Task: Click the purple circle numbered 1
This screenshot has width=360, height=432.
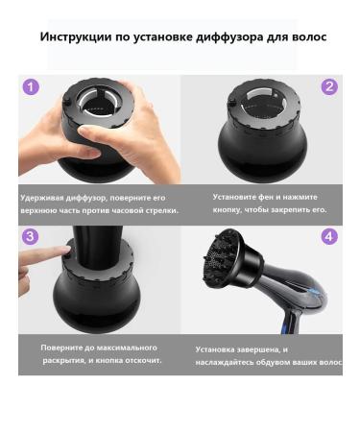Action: pyautogui.click(x=32, y=86)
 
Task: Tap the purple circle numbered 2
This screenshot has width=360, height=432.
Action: pyautogui.click(x=329, y=86)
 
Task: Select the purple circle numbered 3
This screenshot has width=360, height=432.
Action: pyautogui.click(x=32, y=236)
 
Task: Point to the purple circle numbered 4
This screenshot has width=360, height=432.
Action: pyautogui.click(x=329, y=236)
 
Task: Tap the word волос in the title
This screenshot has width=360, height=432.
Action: pyautogui.click(x=309, y=37)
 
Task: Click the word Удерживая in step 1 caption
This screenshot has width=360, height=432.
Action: pyautogui.click(x=41, y=198)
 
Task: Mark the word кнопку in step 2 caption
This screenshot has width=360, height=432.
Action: pyautogui.click(x=229, y=208)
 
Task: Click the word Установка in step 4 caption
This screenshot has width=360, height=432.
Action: pyautogui.click(x=218, y=350)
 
